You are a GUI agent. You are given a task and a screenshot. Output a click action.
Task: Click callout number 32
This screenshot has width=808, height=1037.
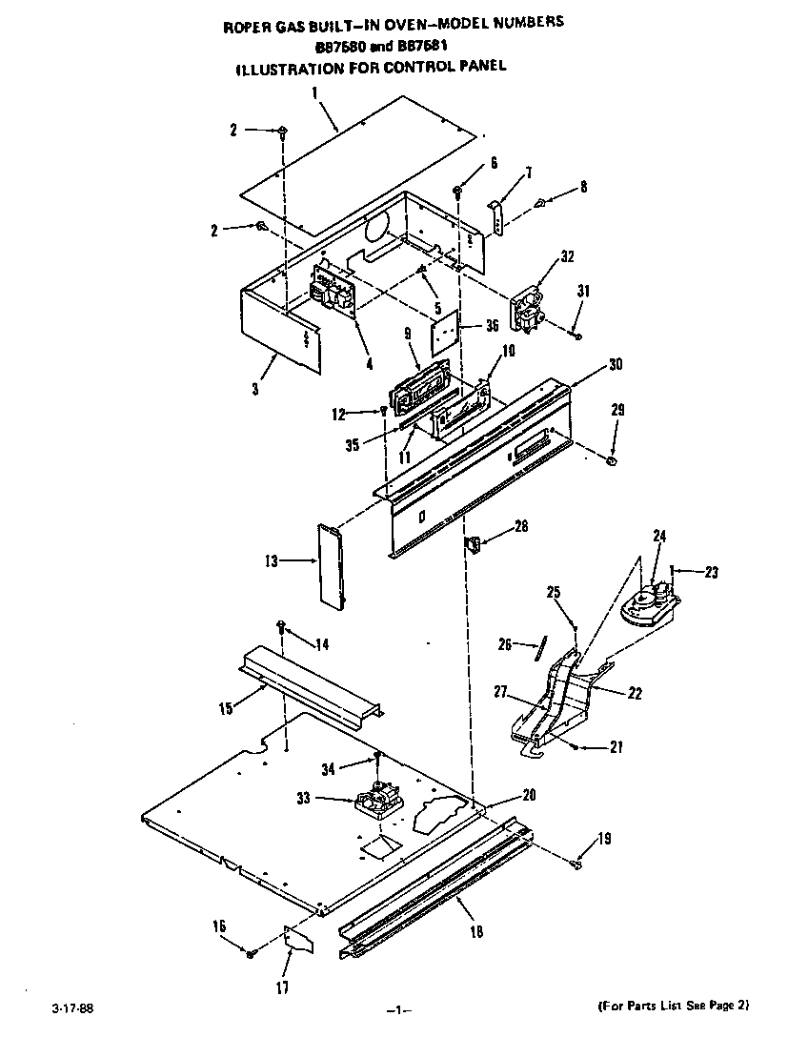coord(568,255)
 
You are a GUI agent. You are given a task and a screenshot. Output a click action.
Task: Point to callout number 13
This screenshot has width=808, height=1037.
coord(272,561)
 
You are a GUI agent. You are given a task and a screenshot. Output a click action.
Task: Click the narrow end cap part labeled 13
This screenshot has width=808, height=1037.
coord(330,566)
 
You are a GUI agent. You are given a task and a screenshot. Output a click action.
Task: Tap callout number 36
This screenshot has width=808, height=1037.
coord(492,325)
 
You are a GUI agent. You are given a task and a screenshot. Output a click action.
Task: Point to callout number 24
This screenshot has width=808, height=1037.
coord(658,536)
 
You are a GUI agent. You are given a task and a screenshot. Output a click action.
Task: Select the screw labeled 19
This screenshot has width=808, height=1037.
coord(576,864)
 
